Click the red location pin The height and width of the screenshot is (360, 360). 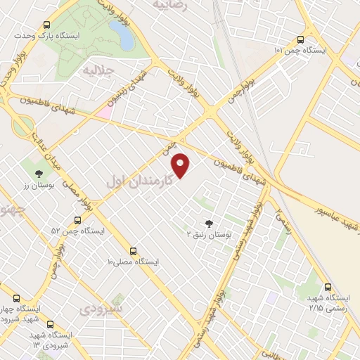click(181, 166)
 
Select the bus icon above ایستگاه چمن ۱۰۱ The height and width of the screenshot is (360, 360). click(300, 40)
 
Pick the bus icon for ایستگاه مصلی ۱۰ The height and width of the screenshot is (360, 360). click(133, 250)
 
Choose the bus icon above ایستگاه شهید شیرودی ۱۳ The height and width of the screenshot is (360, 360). click(50, 324)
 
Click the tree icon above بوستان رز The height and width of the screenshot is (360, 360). click(39, 173)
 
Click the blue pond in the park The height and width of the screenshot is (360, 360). click(122, 32)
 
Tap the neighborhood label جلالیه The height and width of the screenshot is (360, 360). click(98, 71)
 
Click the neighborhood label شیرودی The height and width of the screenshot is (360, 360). click(101, 309)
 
